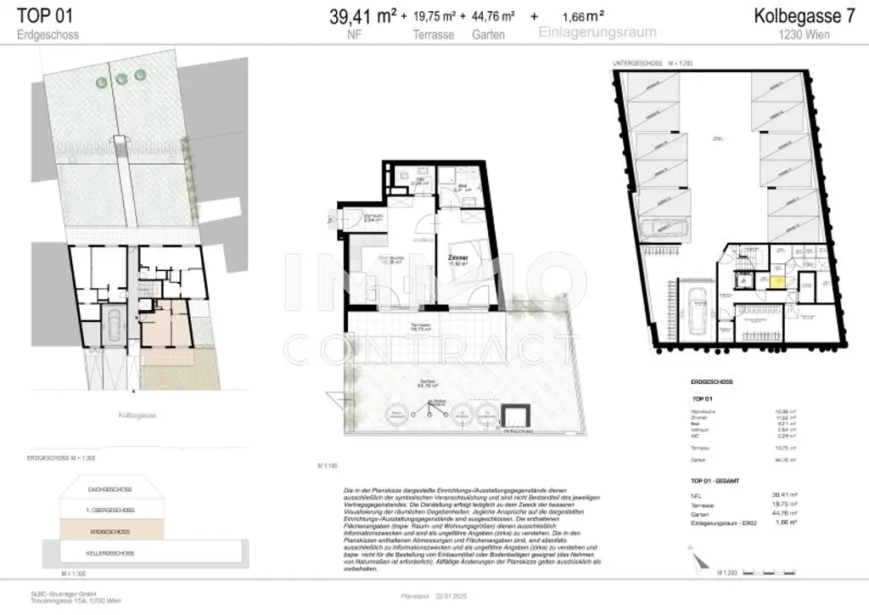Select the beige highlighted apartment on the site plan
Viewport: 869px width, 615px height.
[166, 327]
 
